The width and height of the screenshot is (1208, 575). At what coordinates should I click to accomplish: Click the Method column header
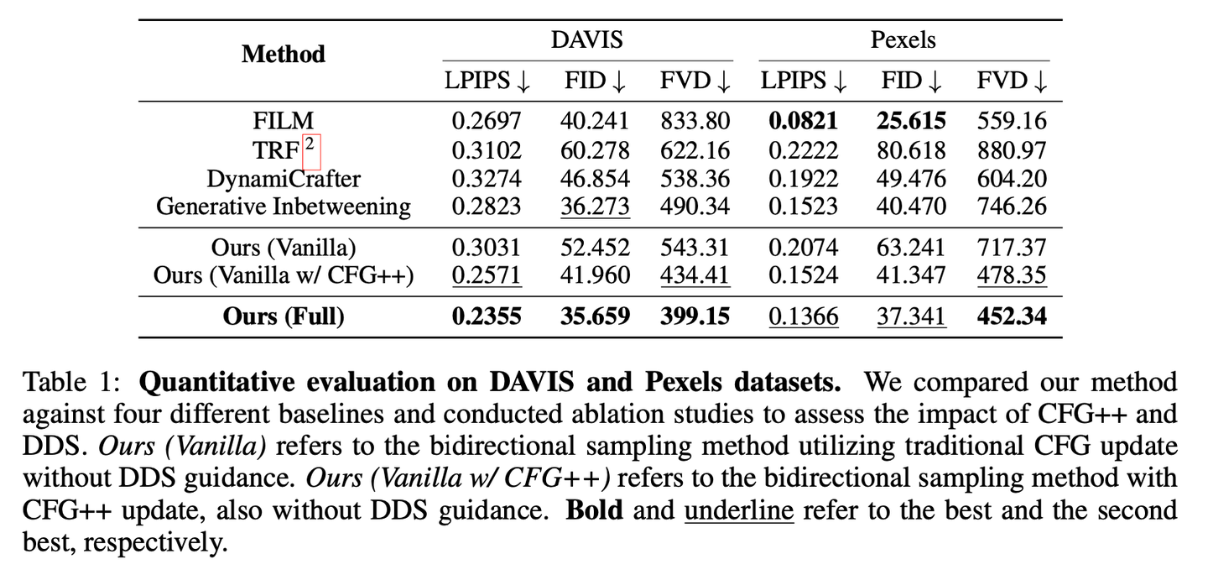coord(283,55)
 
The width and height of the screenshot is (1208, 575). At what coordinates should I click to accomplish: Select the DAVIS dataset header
coord(587,39)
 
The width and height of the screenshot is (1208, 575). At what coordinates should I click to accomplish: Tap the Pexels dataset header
coord(903,39)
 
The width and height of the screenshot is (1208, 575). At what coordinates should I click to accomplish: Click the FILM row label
coord(283,121)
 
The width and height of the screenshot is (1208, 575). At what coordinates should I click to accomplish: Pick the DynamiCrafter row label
coord(284,179)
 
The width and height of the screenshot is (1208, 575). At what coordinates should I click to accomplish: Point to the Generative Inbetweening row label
coord(284,206)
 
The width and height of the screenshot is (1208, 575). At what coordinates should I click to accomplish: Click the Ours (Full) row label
coord(284,316)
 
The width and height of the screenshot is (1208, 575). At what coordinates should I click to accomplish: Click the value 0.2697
coord(487,122)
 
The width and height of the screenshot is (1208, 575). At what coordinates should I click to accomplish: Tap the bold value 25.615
coord(911,122)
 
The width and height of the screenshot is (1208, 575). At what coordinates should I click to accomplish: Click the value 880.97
coord(1012,151)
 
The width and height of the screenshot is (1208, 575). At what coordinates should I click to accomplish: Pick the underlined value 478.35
coord(1012,276)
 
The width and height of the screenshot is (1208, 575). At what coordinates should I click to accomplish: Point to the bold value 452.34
coord(1012,316)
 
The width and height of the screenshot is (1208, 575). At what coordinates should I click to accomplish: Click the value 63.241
coord(911,248)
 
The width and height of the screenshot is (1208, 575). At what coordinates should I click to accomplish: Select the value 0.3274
coord(487,179)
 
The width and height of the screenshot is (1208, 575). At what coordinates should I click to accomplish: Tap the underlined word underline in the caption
coord(739,510)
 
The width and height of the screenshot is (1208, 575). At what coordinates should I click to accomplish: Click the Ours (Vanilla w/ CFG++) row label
coord(284,276)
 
